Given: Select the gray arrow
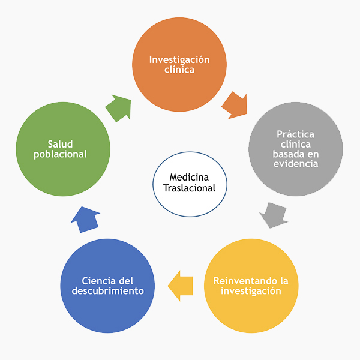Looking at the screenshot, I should (274, 215).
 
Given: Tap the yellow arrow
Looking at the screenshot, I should (181, 283).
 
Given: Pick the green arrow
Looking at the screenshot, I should (118, 108).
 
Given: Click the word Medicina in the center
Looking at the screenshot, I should (188, 178).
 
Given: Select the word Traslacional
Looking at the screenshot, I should (188, 188).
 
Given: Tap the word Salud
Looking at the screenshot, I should (60, 143).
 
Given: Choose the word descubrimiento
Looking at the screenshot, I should (108, 291).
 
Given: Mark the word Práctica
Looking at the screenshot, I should (295, 134).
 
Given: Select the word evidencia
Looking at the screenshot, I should (295, 164).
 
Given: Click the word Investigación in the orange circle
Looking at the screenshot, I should (179, 59).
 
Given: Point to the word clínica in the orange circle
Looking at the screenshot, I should (179, 70).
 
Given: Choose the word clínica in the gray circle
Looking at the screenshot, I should (295, 144).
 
